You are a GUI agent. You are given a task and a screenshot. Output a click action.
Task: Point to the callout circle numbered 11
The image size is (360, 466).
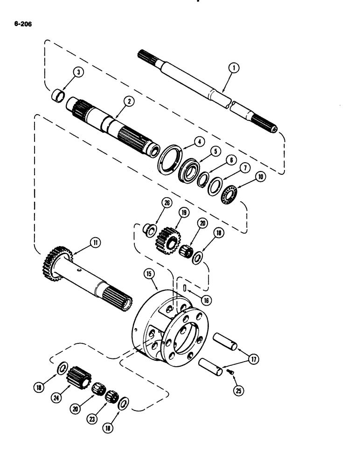point(95,243)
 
